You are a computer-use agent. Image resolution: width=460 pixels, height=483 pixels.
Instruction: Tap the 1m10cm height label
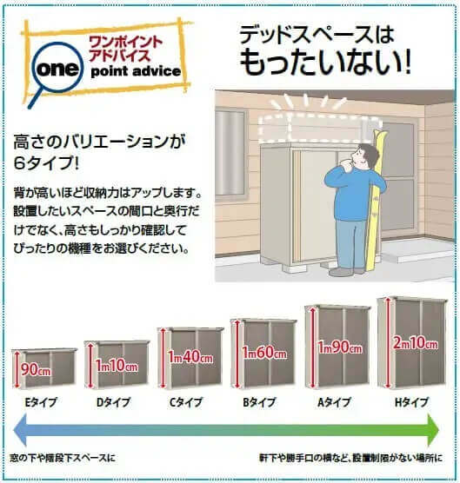(x=117, y=366)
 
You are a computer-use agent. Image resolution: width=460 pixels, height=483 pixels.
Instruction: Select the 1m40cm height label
(x=190, y=357)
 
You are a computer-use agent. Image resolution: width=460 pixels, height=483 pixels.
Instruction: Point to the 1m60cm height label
(x=264, y=353)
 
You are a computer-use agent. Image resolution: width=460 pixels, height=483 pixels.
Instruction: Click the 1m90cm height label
(x=340, y=347)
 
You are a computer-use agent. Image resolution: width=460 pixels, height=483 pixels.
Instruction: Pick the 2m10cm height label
(x=416, y=343)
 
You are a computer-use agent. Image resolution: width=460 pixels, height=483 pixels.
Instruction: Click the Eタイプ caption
(x=41, y=402)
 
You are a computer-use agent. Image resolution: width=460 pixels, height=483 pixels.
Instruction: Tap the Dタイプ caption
(x=113, y=402)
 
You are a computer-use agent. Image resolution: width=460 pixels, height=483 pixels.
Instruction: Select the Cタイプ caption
(x=186, y=402)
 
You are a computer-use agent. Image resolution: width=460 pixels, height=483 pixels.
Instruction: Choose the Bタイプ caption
(x=259, y=402)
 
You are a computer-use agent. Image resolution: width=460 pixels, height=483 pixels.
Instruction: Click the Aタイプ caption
(x=334, y=402)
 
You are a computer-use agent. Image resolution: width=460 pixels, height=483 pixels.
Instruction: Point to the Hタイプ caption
(x=411, y=402)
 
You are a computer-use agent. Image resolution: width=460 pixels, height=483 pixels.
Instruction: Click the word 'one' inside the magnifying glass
(x=57, y=68)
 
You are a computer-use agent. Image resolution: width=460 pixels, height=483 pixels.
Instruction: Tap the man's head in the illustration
(x=364, y=156)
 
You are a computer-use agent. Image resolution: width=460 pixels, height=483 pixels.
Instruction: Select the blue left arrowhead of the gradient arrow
(x=20, y=430)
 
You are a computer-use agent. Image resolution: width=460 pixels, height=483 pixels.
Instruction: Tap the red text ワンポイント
(x=126, y=43)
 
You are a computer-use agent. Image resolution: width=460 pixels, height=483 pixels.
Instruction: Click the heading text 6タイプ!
(x=46, y=163)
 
